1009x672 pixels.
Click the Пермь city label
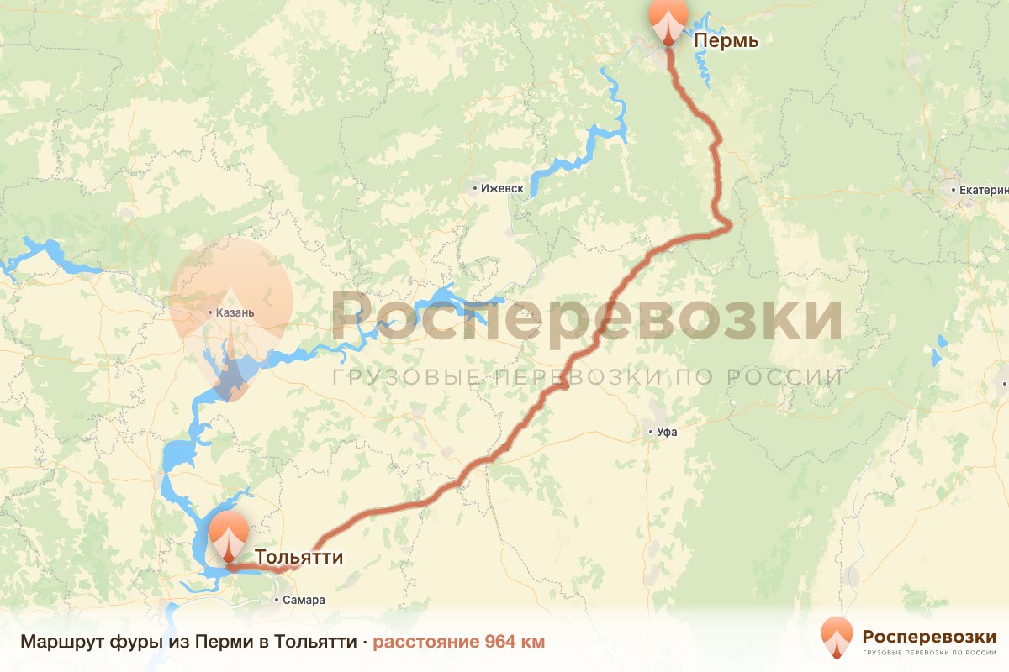coord(726,41)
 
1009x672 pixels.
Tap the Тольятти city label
coord(298,557)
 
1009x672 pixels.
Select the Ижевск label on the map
coord(503,189)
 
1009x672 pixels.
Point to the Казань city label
coord(235,313)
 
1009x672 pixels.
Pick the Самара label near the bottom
coord(304,601)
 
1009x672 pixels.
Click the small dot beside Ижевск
coord(475,189)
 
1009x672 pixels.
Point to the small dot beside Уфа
coord(651,433)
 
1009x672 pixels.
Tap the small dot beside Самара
coord(277,601)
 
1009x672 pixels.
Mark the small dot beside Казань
coord(210,313)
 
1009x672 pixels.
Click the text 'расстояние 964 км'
coord(459,642)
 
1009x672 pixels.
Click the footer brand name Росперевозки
coord(929,635)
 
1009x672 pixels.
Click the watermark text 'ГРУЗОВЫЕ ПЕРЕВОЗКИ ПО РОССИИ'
coord(587,377)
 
